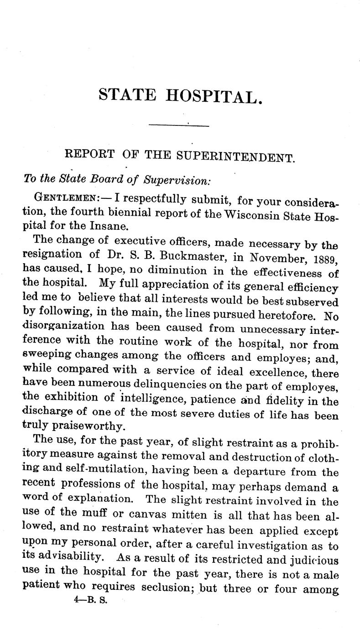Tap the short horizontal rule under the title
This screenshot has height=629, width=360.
[x=179, y=125]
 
